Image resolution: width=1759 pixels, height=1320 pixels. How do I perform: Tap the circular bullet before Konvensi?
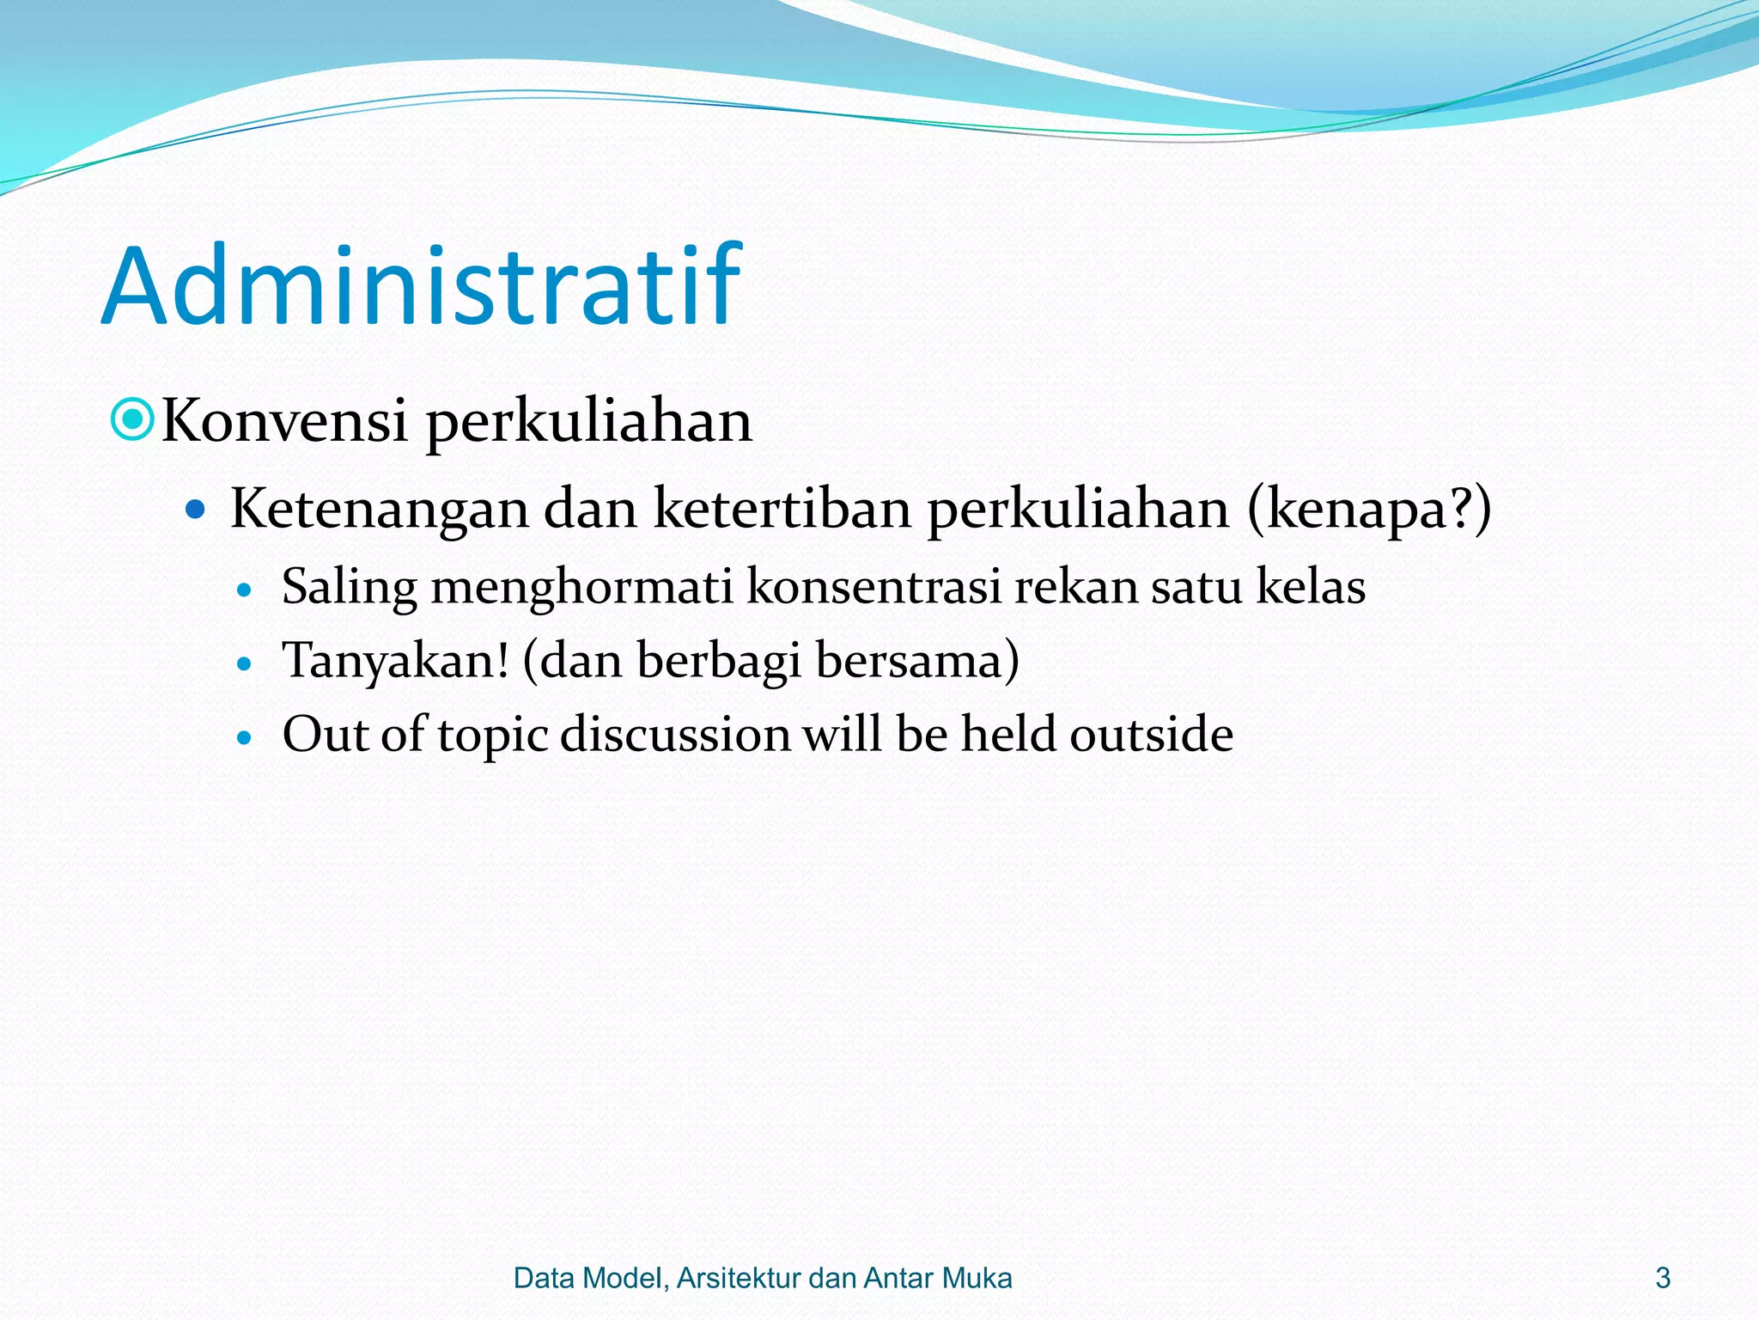[132, 419]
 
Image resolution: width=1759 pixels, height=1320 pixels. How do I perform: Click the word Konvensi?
[284, 421]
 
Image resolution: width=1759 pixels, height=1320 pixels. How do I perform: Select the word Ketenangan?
[379, 509]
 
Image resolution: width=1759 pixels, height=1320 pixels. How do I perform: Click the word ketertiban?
[782, 509]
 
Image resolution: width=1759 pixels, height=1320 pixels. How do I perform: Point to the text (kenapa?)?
[1369, 509]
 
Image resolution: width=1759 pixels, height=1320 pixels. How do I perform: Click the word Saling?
[350, 588]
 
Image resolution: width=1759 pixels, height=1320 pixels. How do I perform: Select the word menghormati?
[581, 586]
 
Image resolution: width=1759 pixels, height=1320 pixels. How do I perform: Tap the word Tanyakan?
[396, 660]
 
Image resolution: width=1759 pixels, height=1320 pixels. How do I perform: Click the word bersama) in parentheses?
[917, 660]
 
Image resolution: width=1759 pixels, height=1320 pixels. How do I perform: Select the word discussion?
[674, 734]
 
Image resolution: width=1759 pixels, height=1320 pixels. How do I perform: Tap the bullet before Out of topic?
[246, 737]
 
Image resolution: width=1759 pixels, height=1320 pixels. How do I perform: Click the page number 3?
[1663, 1278]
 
